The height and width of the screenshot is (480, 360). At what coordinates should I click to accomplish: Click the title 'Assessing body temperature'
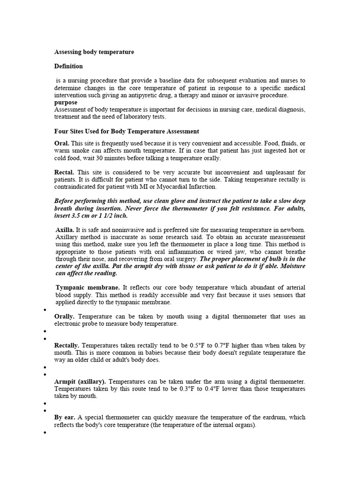point(94,52)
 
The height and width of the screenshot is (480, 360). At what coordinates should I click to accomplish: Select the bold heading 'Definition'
point(68,66)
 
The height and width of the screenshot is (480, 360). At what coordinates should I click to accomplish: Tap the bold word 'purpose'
point(66,102)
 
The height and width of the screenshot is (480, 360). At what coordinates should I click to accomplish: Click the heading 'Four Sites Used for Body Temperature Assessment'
point(127,131)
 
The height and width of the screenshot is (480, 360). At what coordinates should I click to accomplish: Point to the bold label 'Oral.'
point(62,143)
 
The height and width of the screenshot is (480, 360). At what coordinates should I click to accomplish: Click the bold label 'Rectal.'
point(65,172)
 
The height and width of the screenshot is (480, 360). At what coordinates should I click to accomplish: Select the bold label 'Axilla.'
point(65,230)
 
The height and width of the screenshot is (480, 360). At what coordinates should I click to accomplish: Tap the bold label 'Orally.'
point(65,316)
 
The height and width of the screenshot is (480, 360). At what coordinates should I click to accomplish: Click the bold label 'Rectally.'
point(67,345)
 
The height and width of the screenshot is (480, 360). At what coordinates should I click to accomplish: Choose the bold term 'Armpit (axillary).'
point(80,381)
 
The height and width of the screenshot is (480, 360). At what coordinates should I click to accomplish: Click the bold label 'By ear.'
point(65,417)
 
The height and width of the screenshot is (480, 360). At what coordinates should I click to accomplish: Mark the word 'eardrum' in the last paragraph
point(273,417)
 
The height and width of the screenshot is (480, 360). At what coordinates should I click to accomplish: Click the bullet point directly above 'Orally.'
point(44,310)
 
